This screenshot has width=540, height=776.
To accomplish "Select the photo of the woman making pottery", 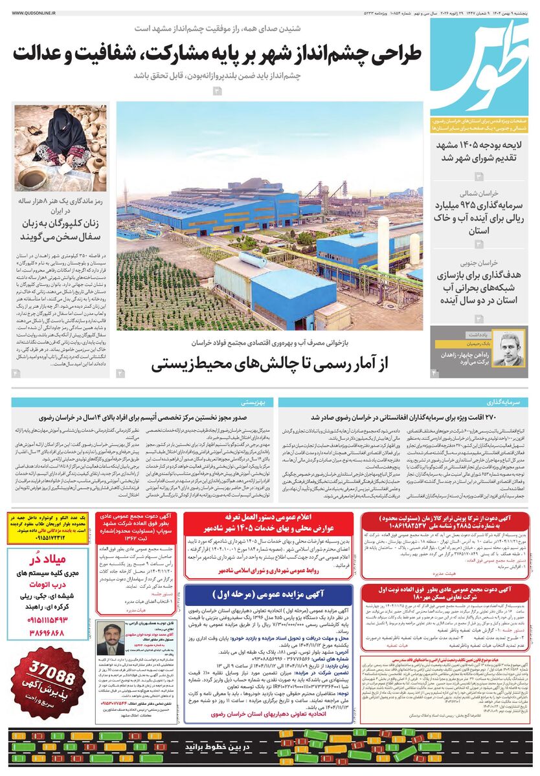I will click(51, 148).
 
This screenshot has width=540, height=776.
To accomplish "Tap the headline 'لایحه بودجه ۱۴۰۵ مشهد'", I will click(478, 144).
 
